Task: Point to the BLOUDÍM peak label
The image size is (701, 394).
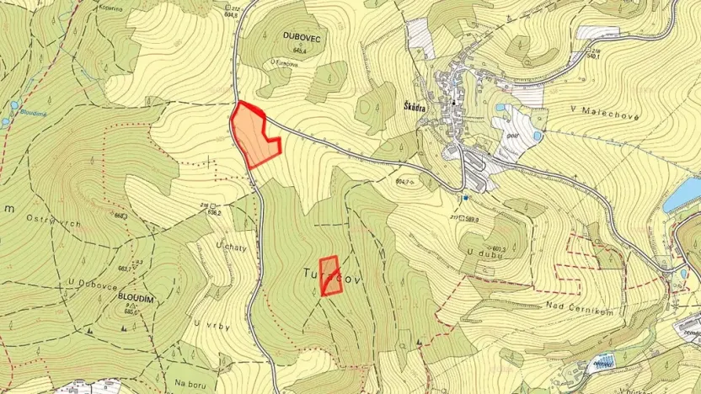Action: [134, 298]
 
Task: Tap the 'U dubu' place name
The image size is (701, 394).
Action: [477, 251]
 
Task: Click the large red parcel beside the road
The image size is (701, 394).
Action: [254, 136]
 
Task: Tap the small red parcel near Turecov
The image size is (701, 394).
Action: [331, 276]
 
